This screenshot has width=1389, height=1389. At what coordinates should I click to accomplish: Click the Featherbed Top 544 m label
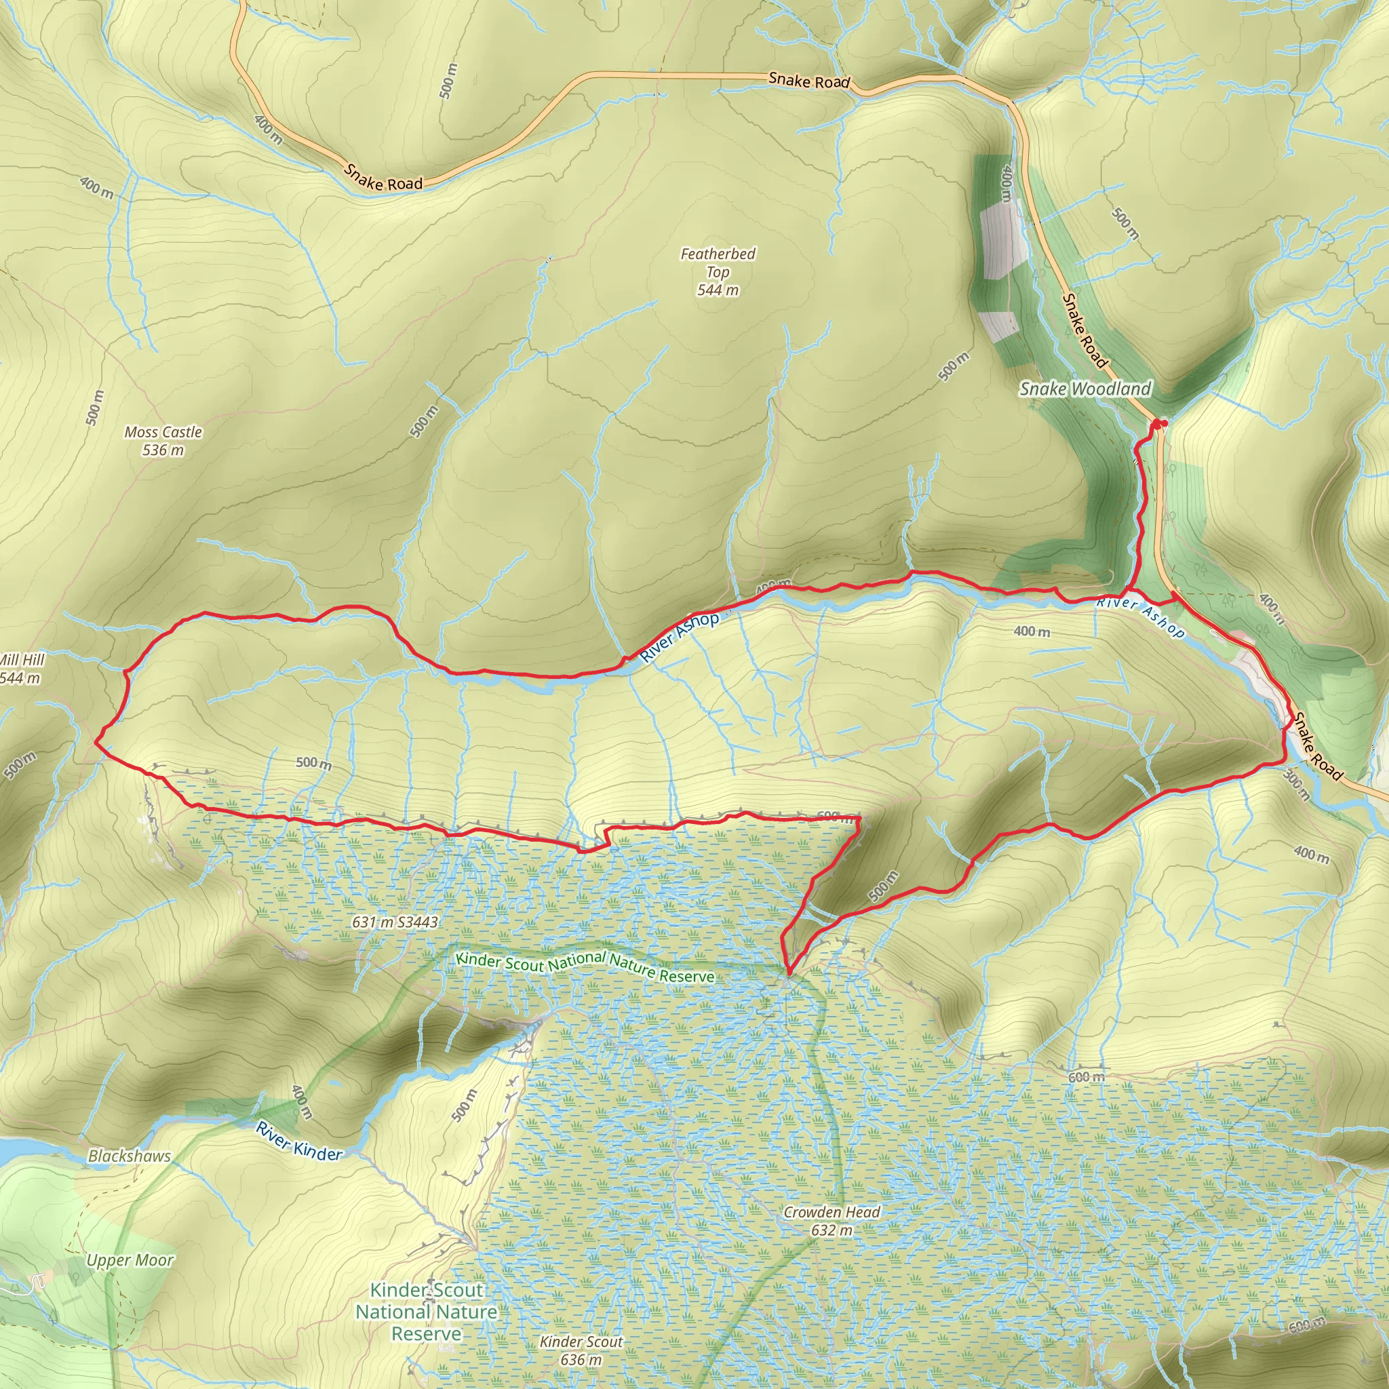[x=718, y=272]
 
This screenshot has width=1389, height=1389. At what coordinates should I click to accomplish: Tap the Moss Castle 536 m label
[x=163, y=441]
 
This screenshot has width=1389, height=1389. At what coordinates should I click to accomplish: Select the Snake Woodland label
[x=1085, y=389]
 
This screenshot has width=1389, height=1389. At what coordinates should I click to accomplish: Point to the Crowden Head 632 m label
[x=831, y=1221]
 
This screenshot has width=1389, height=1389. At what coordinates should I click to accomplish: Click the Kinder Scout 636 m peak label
[x=581, y=1350]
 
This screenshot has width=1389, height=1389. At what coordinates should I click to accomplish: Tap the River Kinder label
[x=299, y=1141]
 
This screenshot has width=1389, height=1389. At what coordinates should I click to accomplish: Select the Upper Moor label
[x=130, y=1260]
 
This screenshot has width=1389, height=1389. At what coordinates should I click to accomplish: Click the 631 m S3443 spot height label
[x=395, y=922]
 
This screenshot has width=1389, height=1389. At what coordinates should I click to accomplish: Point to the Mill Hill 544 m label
[x=22, y=669]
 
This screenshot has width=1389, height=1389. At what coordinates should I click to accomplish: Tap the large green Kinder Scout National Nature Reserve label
[x=427, y=1312]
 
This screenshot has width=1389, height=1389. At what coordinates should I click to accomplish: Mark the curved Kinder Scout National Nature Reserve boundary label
[x=585, y=966]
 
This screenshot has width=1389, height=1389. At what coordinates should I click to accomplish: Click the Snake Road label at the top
[x=809, y=81]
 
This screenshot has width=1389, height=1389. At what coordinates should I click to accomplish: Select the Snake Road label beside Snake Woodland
[x=1084, y=331]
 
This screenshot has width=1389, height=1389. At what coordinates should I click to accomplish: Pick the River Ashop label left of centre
[x=679, y=637]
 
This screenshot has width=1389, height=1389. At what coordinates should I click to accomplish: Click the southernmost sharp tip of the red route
[x=788, y=974]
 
